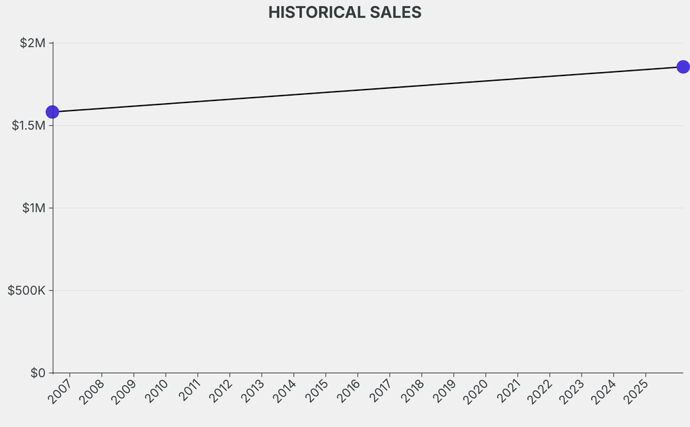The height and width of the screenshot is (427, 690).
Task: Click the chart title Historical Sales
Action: (344, 12)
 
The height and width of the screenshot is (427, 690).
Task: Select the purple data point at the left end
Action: (52, 112)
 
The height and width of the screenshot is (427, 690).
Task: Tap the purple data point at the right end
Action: (683, 67)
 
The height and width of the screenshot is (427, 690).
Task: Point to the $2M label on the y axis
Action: (32, 43)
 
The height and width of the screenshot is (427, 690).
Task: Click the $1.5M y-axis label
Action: (28, 126)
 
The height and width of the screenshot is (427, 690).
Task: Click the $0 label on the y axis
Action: (38, 372)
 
